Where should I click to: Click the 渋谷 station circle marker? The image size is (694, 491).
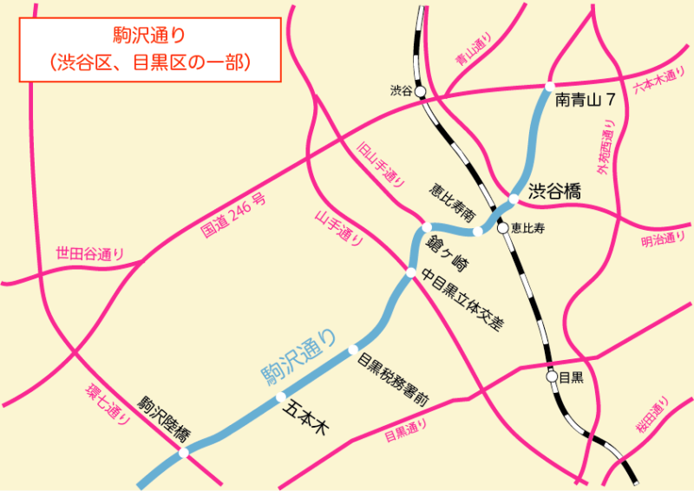pyautogui.click(x=420, y=90)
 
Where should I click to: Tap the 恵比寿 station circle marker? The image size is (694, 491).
pyautogui.click(x=502, y=228)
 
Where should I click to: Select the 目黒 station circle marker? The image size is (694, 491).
pyautogui.click(x=552, y=377)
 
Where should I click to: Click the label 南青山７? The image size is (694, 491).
pyautogui.click(x=586, y=101)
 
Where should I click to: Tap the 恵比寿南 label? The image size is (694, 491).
pyautogui.click(x=453, y=202)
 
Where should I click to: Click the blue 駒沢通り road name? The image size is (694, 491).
pyautogui.click(x=299, y=354)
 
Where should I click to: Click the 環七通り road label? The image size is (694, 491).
pyautogui.click(x=108, y=403)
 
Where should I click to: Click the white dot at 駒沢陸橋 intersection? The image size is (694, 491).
pyautogui.click(x=183, y=452)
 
